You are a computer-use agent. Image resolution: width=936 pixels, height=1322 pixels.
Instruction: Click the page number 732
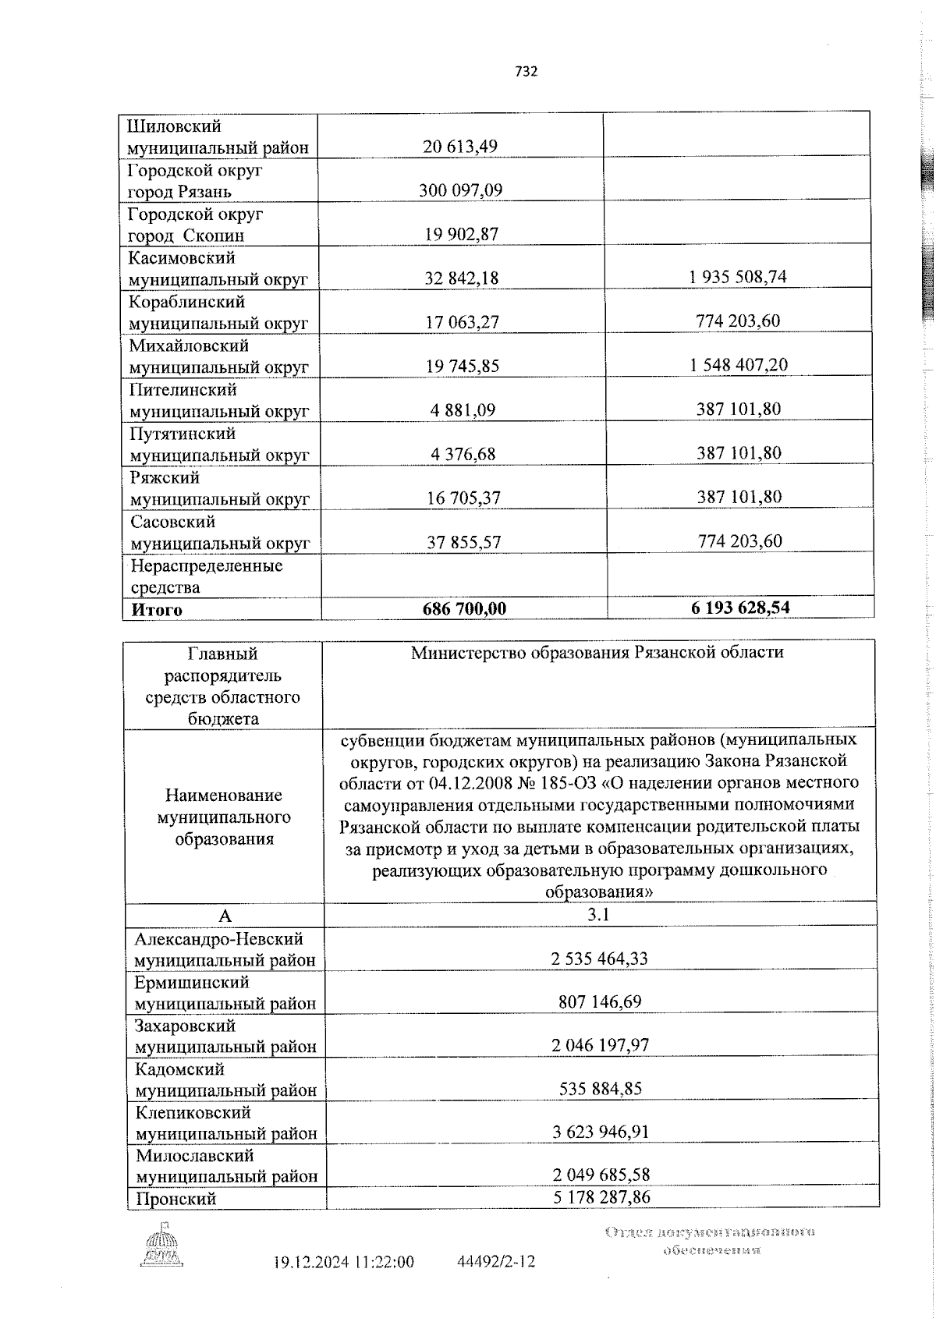[x=526, y=72]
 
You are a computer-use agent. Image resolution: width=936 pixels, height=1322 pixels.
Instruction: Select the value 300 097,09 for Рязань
[x=460, y=190]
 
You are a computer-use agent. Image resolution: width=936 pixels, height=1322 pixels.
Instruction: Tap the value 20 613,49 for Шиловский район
[x=460, y=147]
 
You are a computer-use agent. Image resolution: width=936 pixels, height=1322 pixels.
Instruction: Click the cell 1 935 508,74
[x=738, y=277]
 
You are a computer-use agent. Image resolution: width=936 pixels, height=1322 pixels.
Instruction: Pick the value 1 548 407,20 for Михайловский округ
[x=738, y=365]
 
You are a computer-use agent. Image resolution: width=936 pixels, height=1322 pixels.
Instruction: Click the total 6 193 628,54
[x=739, y=607]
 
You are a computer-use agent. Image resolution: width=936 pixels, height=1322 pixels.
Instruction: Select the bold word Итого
[x=156, y=610]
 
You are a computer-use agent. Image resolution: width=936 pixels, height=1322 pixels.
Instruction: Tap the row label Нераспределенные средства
[x=206, y=576]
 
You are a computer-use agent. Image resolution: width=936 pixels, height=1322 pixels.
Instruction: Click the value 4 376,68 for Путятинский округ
[x=461, y=453]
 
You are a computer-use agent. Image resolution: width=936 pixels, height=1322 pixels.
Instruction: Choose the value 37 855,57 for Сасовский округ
[x=463, y=541]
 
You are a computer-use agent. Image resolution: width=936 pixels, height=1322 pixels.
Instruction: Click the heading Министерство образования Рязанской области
[x=597, y=652]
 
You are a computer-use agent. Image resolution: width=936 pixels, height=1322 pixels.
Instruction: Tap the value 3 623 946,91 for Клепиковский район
[x=600, y=1132]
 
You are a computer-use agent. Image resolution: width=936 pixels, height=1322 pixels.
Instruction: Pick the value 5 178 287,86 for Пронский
[x=601, y=1197]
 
